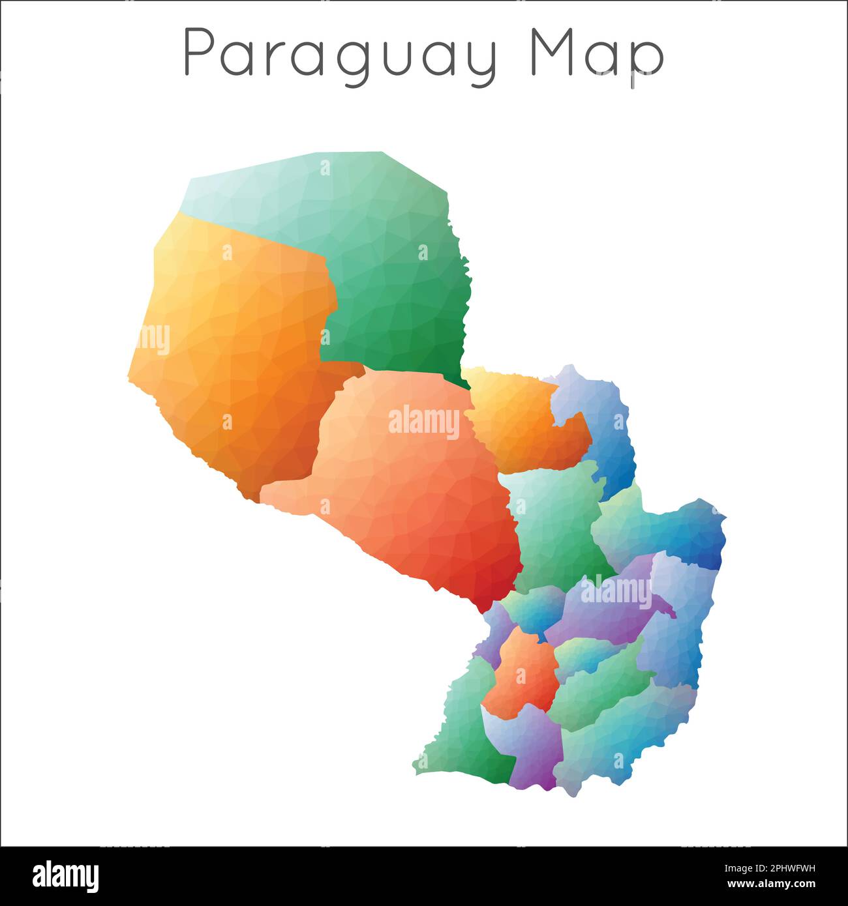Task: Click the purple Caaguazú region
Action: [607, 613]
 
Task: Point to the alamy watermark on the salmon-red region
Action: [424, 422]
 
